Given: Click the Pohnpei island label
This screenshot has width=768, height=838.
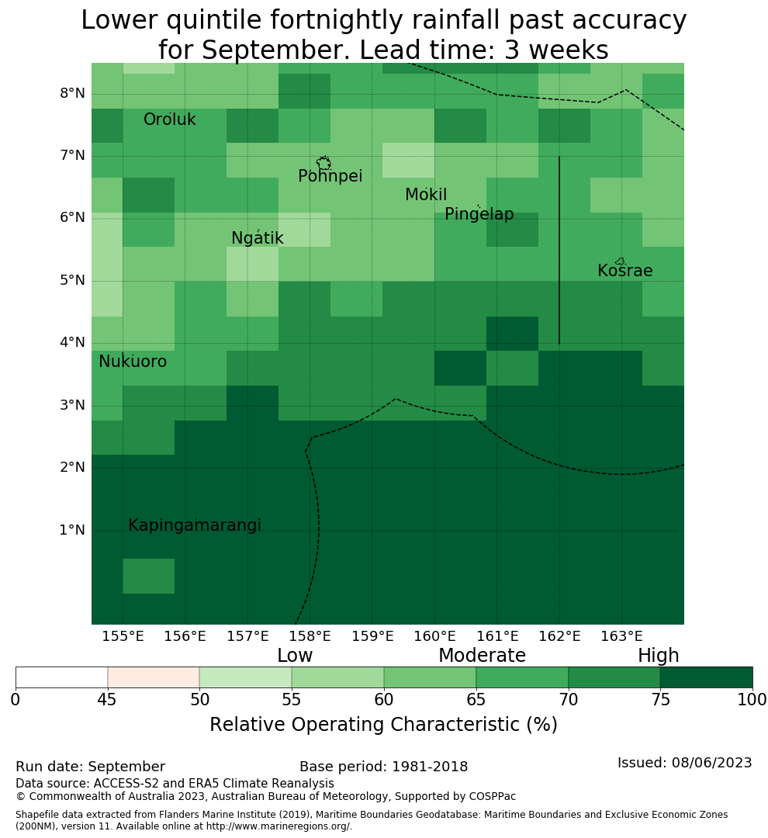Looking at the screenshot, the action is click(x=330, y=176).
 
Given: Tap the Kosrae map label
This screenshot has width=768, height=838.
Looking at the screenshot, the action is click(x=624, y=271).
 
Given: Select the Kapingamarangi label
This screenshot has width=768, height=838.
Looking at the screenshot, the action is click(x=195, y=525).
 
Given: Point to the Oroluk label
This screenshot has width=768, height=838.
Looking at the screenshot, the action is click(x=169, y=119).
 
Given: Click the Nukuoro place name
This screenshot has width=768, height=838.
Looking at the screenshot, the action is click(x=133, y=362).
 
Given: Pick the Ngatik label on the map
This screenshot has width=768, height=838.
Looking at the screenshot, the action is click(x=257, y=238).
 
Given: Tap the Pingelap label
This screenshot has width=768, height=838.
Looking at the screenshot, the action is click(x=479, y=214).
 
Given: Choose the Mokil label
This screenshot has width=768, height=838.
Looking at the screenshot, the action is click(x=426, y=195).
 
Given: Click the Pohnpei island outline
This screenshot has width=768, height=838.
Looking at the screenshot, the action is click(x=323, y=163).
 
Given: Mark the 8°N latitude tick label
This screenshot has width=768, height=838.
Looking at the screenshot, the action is click(x=72, y=94).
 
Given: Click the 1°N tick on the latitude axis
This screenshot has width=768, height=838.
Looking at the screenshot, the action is click(x=72, y=530).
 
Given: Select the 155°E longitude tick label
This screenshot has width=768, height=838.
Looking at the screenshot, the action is click(x=123, y=636).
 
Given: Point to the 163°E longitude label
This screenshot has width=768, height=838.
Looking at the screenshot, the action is click(x=621, y=636).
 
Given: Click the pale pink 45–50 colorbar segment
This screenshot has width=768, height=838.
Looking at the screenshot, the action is click(x=154, y=677).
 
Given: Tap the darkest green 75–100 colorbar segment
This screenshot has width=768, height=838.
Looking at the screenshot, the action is click(x=706, y=677).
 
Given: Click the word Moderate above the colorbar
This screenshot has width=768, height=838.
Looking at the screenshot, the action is click(x=482, y=655).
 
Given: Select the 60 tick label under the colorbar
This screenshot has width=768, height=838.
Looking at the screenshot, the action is click(x=384, y=699).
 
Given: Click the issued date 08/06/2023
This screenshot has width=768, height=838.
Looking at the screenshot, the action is click(x=711, y=763).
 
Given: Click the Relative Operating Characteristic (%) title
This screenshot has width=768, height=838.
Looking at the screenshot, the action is click(x=383, y=725).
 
